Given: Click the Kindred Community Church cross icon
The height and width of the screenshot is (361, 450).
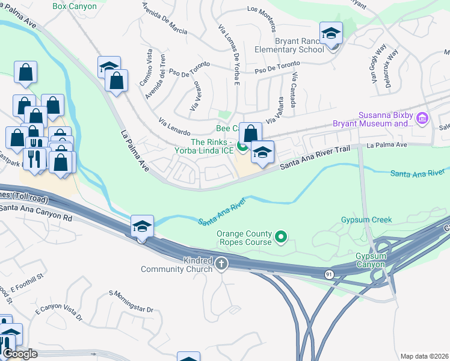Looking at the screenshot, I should point(221,263).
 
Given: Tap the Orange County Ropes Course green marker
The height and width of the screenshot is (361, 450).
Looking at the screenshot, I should point(280,238).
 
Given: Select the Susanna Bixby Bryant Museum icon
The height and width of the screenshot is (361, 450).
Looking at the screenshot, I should point(422,119).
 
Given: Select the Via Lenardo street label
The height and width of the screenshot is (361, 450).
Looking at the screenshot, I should point(174,128).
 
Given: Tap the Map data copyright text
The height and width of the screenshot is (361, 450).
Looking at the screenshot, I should point(424,356).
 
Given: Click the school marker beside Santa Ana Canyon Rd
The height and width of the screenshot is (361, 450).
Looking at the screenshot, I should point(143,227).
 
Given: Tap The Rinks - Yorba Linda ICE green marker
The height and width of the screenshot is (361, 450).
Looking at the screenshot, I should point(242,146).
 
